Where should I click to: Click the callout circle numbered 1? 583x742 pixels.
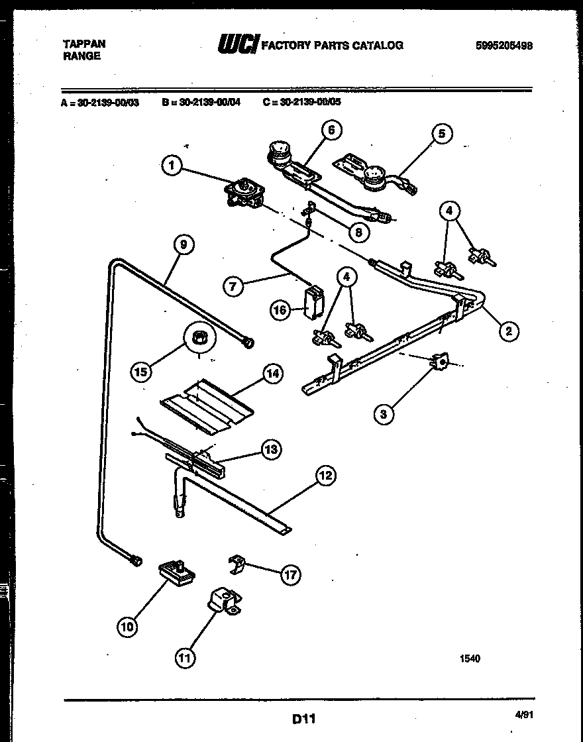coord(172,166)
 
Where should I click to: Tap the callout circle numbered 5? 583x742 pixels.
coord(441,134)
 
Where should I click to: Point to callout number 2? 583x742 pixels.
coord(508,331)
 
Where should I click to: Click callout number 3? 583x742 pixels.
coord(383,415)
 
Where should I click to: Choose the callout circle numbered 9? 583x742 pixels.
coord(184,244)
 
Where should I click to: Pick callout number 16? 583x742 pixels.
coord(280,309)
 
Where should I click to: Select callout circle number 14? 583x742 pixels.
coord(272,373)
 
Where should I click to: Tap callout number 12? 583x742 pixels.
coord(325,475)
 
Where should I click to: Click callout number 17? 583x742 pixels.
coord(290,574)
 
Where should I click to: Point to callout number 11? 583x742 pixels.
coord(186,657)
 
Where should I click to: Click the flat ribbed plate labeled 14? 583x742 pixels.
coord(203,407)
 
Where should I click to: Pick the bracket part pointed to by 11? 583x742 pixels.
coord(221,602)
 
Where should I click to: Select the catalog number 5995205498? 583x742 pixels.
coord(504,46)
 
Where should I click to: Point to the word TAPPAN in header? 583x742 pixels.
coord(83,44)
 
